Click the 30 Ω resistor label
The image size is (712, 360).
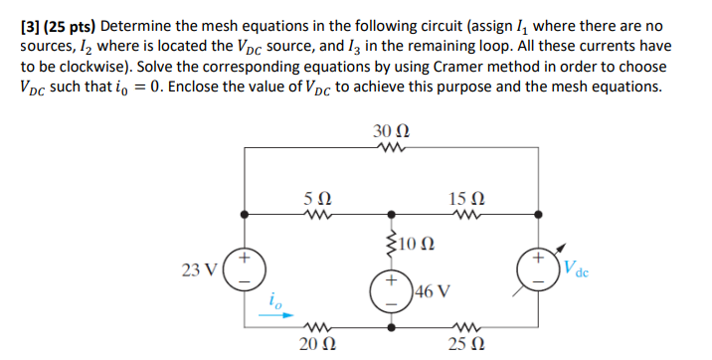click(x=391, y=132)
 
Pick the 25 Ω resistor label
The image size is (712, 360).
click(x=464, y=345)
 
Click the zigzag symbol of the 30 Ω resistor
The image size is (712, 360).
click(x=391, y=149)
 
